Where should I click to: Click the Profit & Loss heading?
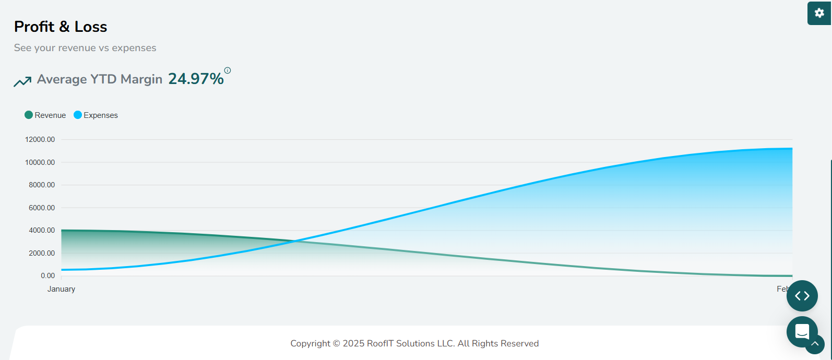coord(61,27)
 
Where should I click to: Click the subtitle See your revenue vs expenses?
coord(85,48)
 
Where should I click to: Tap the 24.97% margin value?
coord(196,79)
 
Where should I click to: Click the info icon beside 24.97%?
coord(228,70)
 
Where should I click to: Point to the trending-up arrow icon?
coord(22,81)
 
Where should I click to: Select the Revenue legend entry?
coord(45,115)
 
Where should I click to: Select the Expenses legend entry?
coord(96,115)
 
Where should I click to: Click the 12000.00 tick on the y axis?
coord(40,140)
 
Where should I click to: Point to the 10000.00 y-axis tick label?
coord(40,162)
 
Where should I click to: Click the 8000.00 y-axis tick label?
coord(42,185)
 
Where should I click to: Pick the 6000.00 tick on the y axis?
coord(42,208)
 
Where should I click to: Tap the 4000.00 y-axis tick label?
coord(42,231)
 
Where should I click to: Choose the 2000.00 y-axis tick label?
coord(42,253)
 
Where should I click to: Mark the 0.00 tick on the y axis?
coord(47,275)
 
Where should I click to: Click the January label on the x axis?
coord(62,289)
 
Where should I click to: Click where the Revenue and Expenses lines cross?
coord(296,241)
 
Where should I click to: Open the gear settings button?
coord(819,13)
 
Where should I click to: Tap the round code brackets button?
coord(802,296)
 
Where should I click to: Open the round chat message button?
coord(802,331)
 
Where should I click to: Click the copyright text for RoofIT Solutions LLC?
coord(414,343)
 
